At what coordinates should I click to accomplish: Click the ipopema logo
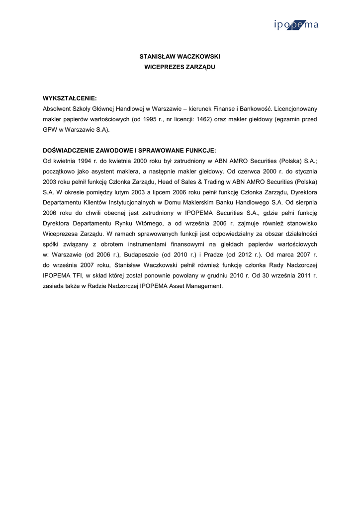295,25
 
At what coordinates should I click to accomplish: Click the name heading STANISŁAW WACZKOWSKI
180,57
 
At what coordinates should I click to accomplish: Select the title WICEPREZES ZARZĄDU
180,67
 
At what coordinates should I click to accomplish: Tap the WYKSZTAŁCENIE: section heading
70,98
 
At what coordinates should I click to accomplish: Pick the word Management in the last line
202,286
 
